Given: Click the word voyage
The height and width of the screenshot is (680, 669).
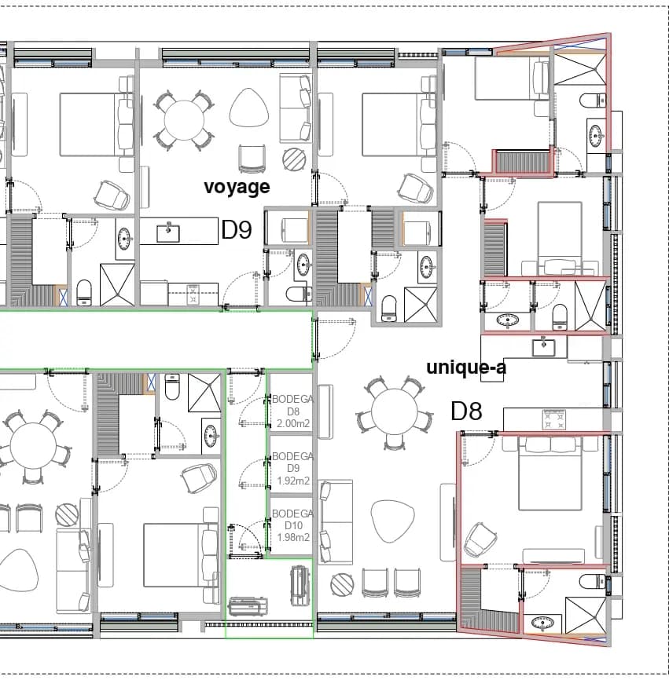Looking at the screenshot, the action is (x=237, y=187).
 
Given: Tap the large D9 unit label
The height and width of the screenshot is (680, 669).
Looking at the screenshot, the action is (x=237, y=229).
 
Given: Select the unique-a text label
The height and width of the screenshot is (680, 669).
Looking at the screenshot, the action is (x=466, y=367).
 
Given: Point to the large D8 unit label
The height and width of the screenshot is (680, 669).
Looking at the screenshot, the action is (x=467, y=411).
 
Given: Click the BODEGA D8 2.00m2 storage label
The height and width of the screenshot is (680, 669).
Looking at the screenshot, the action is (x=293, y=411).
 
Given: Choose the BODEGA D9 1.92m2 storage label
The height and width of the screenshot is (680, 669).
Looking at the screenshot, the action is (x=293, y=468).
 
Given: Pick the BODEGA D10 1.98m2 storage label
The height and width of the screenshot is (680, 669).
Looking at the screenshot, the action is (x=293, y=525).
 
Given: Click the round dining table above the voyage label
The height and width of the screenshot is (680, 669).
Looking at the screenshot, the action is (x=184, y=121).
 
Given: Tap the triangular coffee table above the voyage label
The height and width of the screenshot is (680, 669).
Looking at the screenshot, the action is (x=249, y=108).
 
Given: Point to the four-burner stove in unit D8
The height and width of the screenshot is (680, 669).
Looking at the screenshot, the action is (x=554, y=419).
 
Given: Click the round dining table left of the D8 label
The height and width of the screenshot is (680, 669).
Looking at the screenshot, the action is (x=394, y=411).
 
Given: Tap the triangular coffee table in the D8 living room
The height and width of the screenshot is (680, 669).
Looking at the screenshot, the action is (x=391, y=521).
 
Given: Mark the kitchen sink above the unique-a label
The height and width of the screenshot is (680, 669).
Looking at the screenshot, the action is (x=543, y=347).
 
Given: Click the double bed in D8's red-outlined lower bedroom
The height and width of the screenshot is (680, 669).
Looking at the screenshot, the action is (x=550, y=473).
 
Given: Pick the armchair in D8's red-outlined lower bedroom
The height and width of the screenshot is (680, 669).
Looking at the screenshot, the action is (x=480, y=539).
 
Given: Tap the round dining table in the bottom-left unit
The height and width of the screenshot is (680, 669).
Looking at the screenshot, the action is (x=34, y=446).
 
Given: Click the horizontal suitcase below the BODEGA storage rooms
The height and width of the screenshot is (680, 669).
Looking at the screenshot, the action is (x=248, y=606).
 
